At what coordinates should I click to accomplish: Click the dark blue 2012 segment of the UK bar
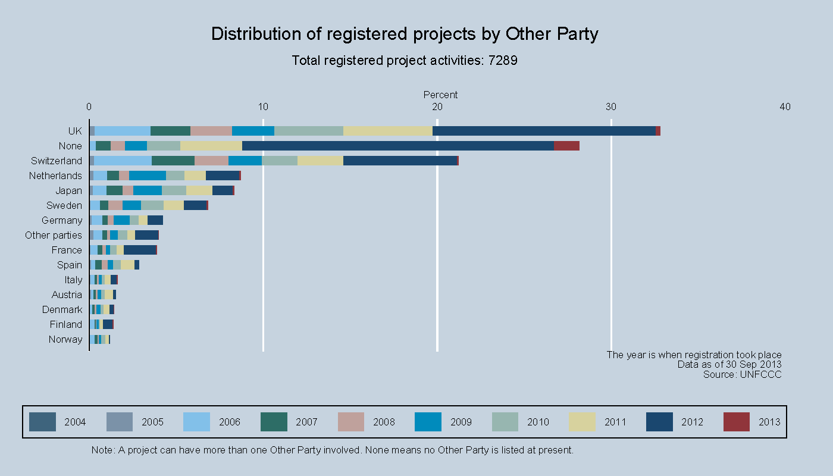click(544, 131)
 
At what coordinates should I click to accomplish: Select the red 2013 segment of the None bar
click(566, 146)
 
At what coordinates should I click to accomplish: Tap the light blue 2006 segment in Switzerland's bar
click(123, 161)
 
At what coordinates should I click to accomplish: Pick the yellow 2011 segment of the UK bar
click(388, 131)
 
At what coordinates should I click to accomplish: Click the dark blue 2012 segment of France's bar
click(140, 250)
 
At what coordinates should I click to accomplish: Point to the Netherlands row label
click(55, 176)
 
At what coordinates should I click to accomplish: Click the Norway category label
click(65, 339)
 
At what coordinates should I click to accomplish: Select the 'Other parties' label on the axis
click(54, 235)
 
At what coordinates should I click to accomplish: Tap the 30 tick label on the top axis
click(611, 107)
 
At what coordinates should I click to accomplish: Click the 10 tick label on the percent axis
click(263, 107)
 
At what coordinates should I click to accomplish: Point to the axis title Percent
click(440, 95)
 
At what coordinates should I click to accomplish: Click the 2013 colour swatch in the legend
click(737, 422)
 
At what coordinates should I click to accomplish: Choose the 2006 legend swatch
click(197, 422)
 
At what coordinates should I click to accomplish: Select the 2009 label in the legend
click(461, 422)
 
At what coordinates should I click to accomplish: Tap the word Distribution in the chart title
click(259, 34)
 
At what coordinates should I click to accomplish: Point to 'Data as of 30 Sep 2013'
click(729, 365)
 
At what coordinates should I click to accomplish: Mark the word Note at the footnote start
click(102, 450)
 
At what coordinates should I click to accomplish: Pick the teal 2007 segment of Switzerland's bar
click(173, 161)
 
